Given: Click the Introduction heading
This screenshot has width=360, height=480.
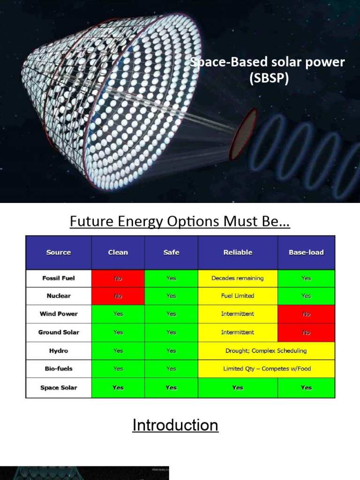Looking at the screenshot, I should [175, 425].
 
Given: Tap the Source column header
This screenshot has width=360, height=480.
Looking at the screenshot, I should [59, 252].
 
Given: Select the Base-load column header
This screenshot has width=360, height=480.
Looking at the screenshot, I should [306, 252].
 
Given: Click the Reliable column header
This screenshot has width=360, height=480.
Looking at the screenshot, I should [238, 252].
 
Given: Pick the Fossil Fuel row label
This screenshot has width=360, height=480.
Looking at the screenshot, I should [59, 278].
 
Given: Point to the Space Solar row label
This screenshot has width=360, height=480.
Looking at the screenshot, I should [59, 388].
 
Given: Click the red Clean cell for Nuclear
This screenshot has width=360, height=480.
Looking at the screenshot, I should [118, 296].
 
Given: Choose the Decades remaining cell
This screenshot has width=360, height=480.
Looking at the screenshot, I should [238, 278].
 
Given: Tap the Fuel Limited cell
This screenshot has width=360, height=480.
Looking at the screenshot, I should [238, 296].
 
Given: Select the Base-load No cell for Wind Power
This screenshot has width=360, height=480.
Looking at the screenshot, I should [306, 314].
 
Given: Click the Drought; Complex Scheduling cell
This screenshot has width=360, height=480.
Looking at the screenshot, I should [266, 351].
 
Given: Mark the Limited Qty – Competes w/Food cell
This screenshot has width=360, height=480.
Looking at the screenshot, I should [266, 369].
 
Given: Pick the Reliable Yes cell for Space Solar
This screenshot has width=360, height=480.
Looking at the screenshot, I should [238, 388].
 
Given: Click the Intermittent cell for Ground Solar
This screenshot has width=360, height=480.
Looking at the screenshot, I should [238, 332].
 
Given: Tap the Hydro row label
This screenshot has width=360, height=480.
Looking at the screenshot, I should [59, 351].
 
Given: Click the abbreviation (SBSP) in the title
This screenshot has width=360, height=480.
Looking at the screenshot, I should [269, 78].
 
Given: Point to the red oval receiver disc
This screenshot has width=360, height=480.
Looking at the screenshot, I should [243, 134].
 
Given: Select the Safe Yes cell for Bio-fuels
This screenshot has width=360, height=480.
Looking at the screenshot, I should [171, 369].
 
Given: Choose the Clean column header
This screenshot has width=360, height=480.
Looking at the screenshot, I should [118, 252].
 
